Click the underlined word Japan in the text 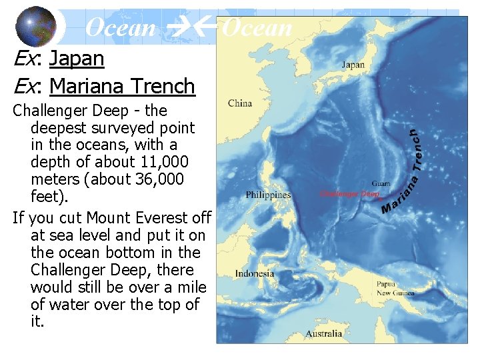coord(77,59)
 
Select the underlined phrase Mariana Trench coord(122,87)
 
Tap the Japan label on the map coord(353,65)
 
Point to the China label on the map coord(240,103)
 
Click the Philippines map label coord(268,195)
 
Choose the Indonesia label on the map coord(254,273)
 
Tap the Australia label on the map coord(325,333)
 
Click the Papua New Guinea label coord(395,289)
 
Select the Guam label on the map coord(381,183)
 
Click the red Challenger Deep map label coord(349,194)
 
